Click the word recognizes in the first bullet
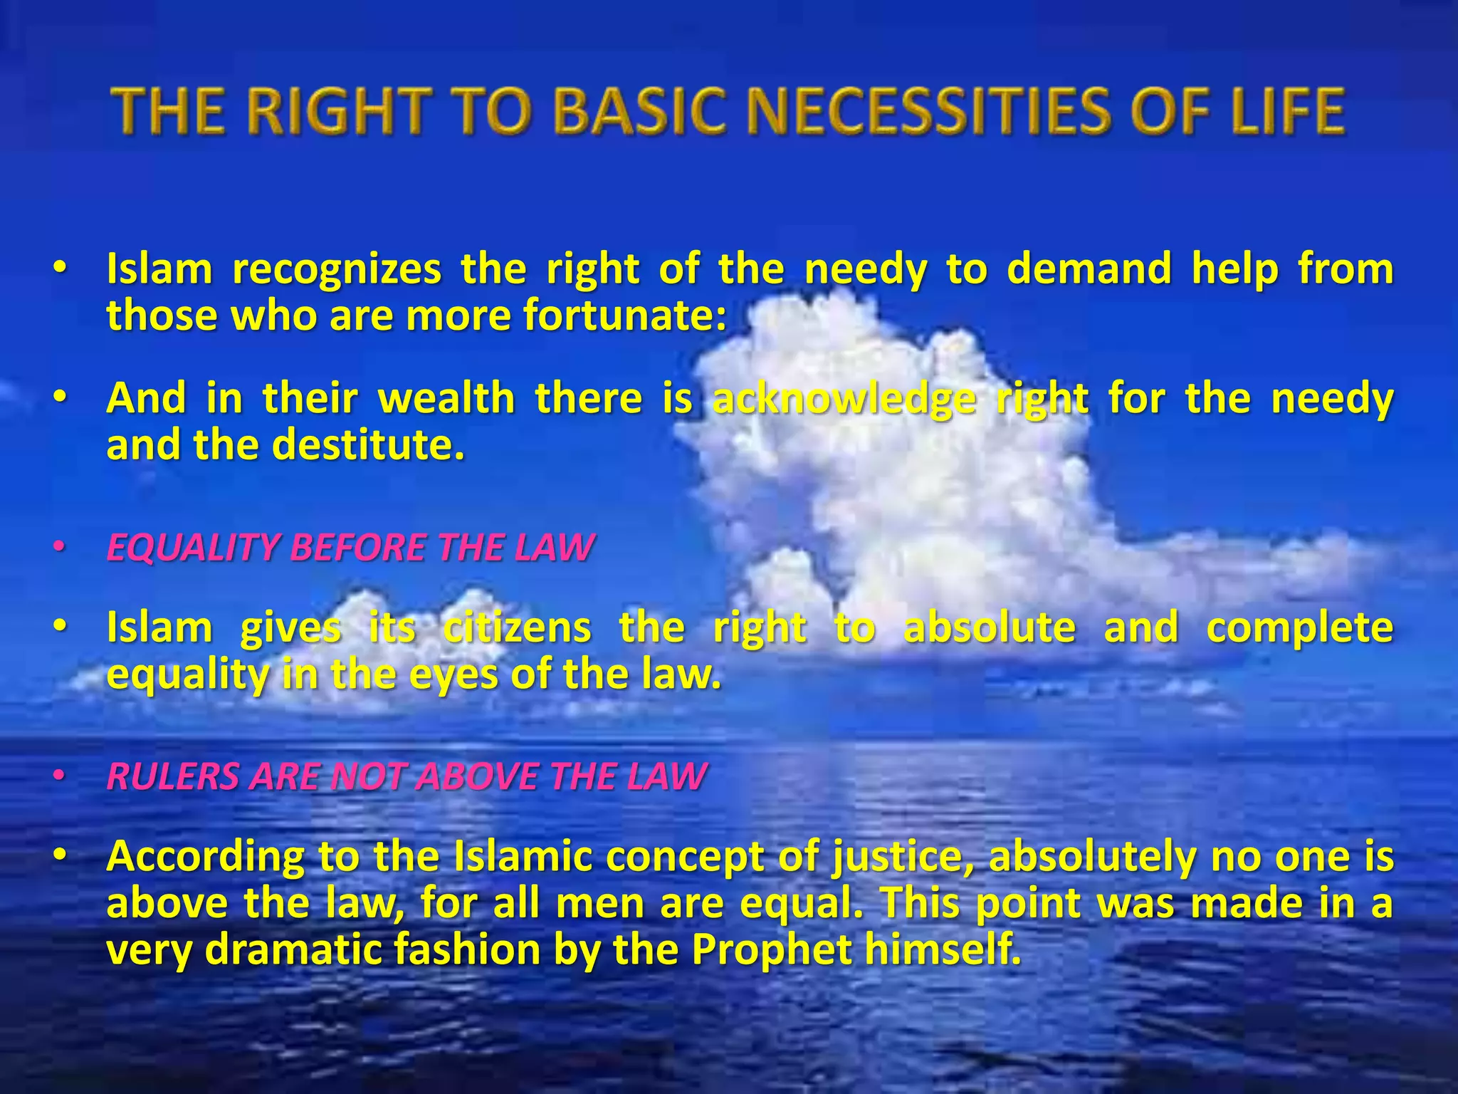click(x=337, y=271)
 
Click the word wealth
click(x=446, y=398)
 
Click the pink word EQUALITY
click(x=192, y=548)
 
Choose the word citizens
click(x=517, y=628)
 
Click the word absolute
click(x=990, y=628)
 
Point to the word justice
click(x=905, y=858)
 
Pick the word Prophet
click(x=772, y=950)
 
